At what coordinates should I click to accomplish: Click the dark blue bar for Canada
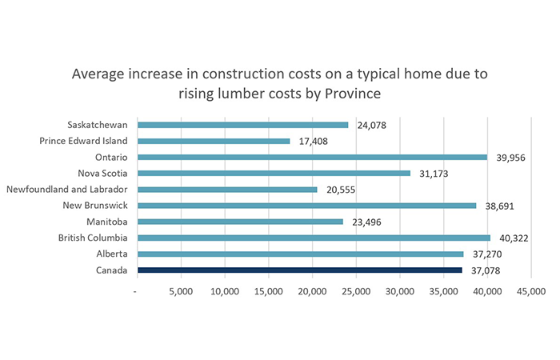click(299, 270)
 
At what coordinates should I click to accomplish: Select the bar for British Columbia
click(314, 238)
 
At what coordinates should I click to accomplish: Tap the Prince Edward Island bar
click(214, 141)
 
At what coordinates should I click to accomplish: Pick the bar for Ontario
click(312, 157)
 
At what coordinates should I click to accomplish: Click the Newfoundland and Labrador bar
click(227, 190)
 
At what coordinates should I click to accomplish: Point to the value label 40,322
click(515, 239)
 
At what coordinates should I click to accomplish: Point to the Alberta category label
click(112, 254)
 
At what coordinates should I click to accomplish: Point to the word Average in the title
click(101, 74)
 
